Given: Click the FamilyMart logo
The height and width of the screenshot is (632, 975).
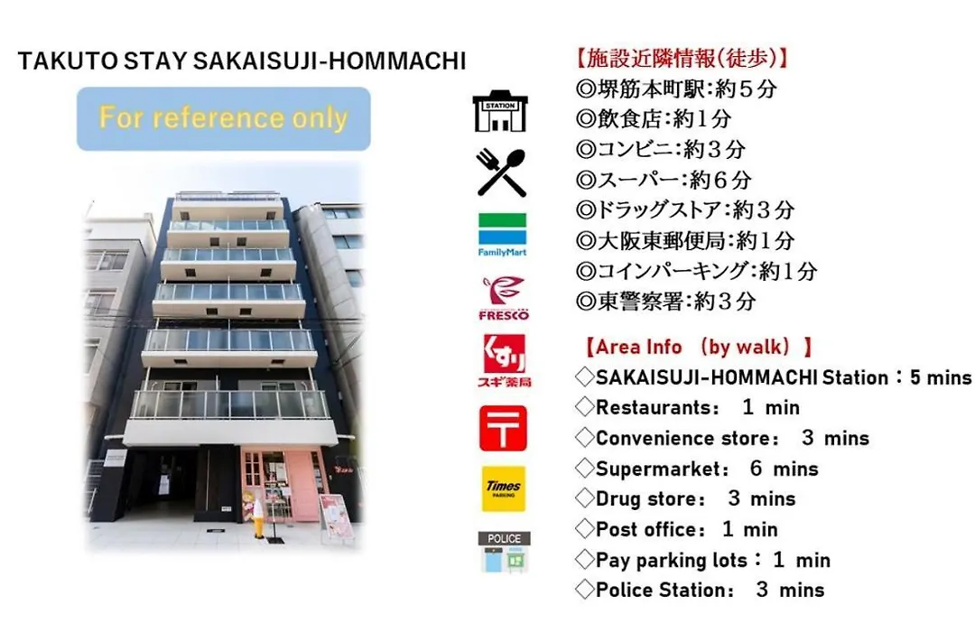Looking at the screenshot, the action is (502, 235).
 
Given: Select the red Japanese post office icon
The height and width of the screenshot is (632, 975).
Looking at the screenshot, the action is (503, 428).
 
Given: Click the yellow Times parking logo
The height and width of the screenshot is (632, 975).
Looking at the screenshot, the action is (503, 489).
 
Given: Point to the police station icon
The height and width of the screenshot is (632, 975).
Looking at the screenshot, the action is (504, 552).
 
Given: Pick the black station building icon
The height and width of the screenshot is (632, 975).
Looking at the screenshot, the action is (500, 111).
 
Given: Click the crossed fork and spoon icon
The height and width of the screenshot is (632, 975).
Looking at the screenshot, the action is (501, 172).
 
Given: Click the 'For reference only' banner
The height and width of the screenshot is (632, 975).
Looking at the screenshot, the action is (224, 118).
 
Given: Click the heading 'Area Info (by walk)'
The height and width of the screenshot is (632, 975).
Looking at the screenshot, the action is (698, 347).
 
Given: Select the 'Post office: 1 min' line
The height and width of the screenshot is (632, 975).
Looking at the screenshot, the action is (686, 529).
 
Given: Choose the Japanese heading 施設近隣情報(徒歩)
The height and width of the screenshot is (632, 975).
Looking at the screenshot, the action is (682, 59).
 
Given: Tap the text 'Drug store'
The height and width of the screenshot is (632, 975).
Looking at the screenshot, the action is (650, 499).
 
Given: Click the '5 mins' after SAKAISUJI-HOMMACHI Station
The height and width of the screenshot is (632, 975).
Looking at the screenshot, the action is (940, 377).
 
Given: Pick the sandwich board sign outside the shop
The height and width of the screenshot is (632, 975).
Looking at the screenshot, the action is (337, 515).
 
